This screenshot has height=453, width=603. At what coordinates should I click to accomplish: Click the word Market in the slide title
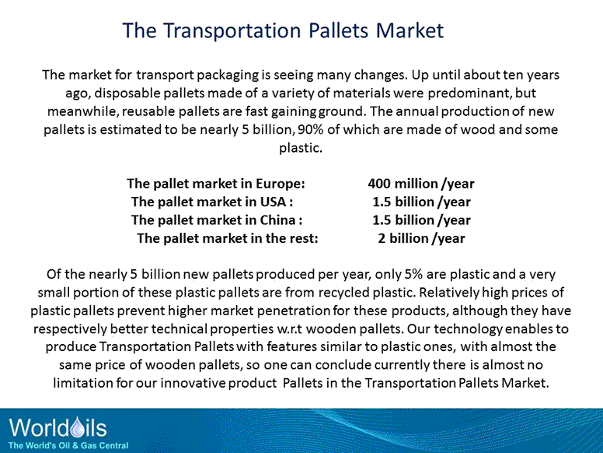coord(410,30)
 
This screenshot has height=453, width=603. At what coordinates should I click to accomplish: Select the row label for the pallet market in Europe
coord(215,184)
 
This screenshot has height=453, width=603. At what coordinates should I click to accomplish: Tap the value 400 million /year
coord(420,184)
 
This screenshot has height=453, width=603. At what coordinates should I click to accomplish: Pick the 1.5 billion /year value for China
coord(421,219)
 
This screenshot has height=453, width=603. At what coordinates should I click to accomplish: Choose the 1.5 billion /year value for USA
coord(421,202)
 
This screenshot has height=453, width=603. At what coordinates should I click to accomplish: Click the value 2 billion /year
coord(421,237)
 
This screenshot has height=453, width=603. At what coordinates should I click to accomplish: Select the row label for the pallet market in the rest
coord(228,237)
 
